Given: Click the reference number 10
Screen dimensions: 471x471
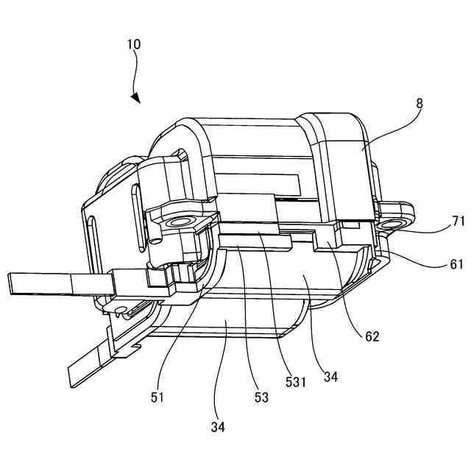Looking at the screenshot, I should (134, 44).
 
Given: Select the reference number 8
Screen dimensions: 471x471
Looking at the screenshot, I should (419, 104).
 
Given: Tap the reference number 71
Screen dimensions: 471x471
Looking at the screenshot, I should (458, 221).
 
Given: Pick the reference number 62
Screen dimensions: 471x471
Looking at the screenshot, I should (372, 336).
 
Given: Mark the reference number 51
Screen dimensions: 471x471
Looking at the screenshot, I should (157, 398).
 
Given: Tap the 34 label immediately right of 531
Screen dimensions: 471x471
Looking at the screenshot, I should (331, 377).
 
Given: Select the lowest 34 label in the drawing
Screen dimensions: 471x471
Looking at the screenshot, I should (218, 427).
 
